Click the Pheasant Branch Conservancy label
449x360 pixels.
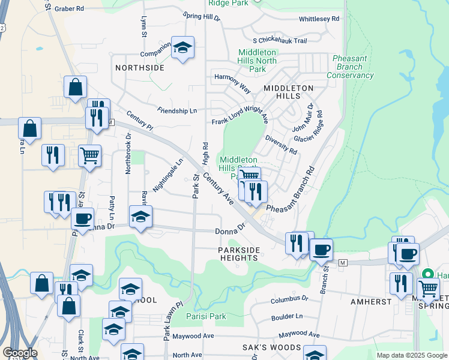click(350, 67)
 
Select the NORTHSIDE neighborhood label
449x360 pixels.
click(139, 68)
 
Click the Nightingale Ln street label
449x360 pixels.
click(167, 175)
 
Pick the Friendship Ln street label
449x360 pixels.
click(177, 111)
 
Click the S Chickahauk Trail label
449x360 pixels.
click(280, 41)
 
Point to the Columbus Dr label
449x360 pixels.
click(289, 298)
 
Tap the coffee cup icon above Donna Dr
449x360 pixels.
click(82, 218)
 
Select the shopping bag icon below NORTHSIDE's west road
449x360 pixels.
click(76, 87)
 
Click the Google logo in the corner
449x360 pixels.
click(20, 353)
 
